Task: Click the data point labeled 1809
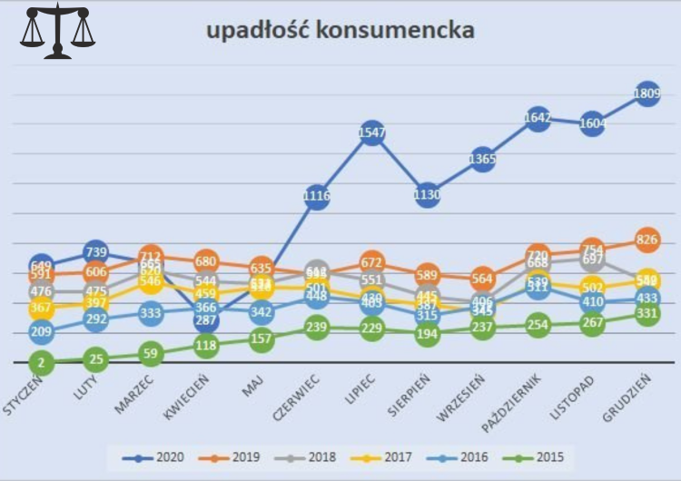point(647,93)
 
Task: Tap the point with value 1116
point(316,196)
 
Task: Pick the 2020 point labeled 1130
point(427,194)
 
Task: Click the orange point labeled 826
point(647,240)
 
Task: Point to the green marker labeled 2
point(40,363)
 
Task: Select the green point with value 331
point(647,314)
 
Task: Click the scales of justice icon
point(57,31)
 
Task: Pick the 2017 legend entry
point(384,456)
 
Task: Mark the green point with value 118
point(206,345)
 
